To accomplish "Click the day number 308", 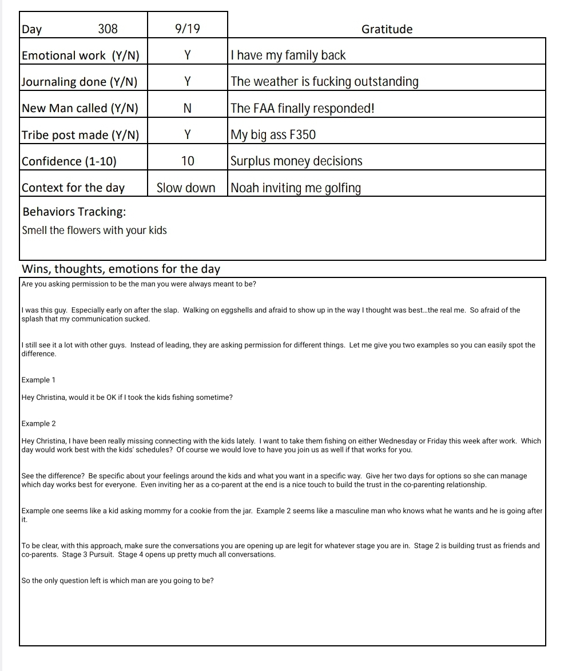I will tap(108, 29).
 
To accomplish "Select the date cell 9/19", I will tap(188, 29).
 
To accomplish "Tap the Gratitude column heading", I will tap(387, 29).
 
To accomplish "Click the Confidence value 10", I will tap(188, 161).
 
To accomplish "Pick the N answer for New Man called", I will tap(187, 108).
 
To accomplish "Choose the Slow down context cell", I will tap(186, 188).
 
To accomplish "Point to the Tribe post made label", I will tap(80, 135).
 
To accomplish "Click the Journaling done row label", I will tap(80, 82).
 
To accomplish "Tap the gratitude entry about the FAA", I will tap(303, 108).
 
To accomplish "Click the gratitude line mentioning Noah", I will tap(296, 188).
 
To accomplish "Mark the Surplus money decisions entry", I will tap(296, 161).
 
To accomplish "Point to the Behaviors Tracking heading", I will tap(74, 212).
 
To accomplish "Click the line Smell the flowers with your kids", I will tap(94, 231).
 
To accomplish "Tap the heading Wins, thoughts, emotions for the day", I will tap(121, 269).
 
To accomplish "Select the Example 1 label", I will tap(38, 380).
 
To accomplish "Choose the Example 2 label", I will tap(38, 424).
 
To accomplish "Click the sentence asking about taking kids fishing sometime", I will tap(127, 398).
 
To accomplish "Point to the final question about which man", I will tap(117, 581).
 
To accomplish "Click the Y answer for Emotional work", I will tap(187, 55).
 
